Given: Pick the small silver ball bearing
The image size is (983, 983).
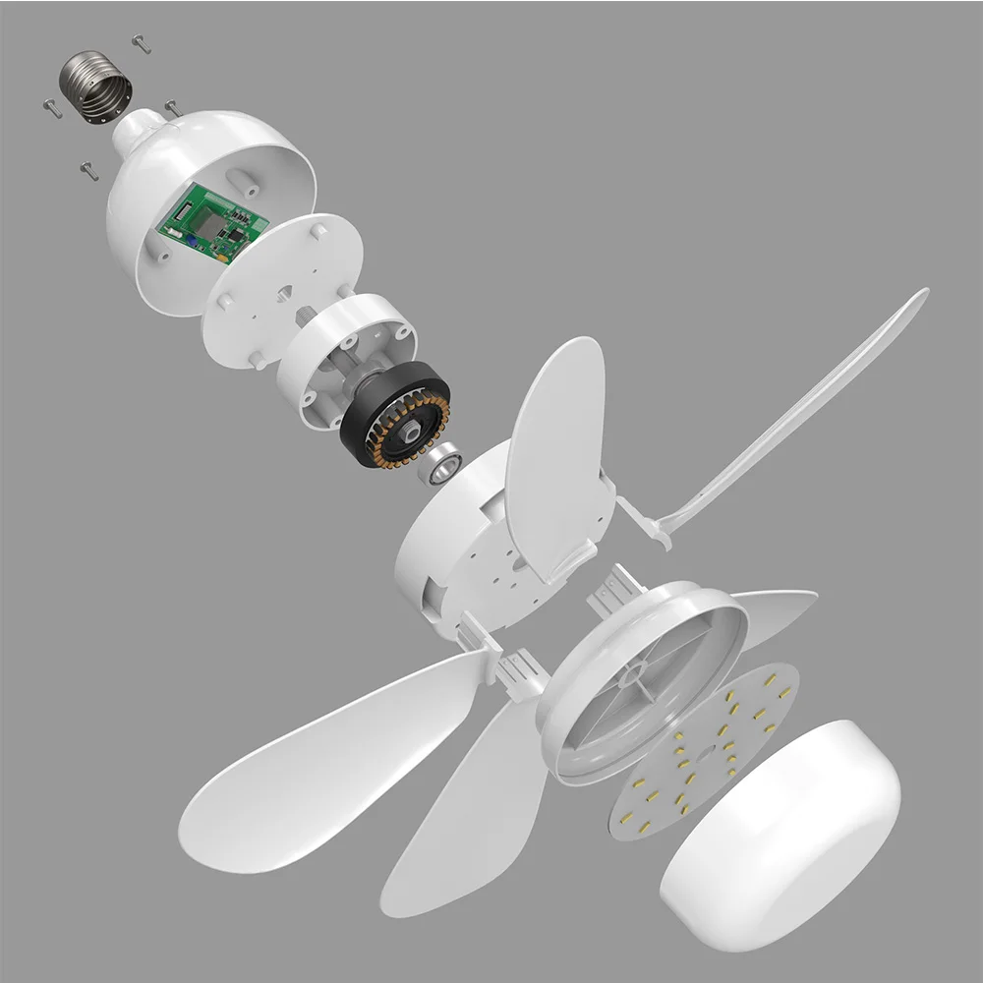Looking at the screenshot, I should tap(438, 465).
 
